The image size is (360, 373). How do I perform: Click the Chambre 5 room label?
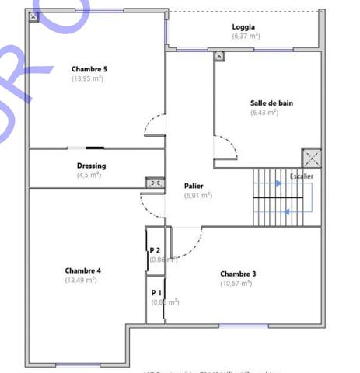(89, 69)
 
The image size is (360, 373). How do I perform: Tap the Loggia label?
(243, 27)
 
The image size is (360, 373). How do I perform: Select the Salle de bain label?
(271, 103)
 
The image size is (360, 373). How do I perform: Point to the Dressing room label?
(91, 166)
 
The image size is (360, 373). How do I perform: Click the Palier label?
(194, 186)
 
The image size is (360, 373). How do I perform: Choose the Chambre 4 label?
(83, 270)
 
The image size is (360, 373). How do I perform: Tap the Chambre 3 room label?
(238, 274)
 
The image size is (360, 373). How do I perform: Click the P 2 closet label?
(155, 250)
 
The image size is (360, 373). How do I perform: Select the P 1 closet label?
(156, 292)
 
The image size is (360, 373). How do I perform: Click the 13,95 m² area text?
(89, 78)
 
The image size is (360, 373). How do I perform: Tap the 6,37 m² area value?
(246, 36)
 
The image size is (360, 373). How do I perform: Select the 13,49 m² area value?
(81, 280)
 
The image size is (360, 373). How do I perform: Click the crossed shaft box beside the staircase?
(312, 159)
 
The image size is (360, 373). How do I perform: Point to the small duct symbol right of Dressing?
(154, 183)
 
